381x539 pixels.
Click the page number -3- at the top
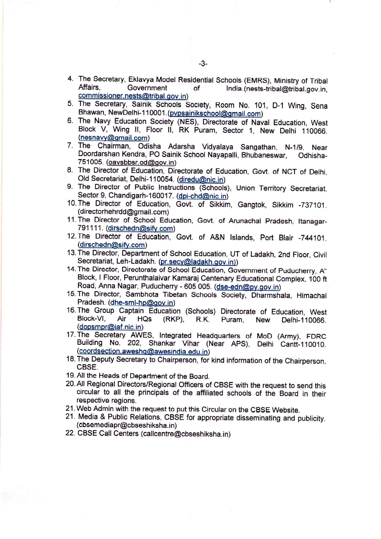point(203,64)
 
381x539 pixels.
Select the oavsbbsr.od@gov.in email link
point(141,163)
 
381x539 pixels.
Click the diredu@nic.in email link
point(201,180)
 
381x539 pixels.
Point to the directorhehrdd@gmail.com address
point(123,212)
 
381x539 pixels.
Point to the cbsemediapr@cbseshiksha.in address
point(127,425)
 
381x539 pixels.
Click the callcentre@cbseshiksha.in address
point(185,434)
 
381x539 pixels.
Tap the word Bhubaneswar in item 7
point(264,155)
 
